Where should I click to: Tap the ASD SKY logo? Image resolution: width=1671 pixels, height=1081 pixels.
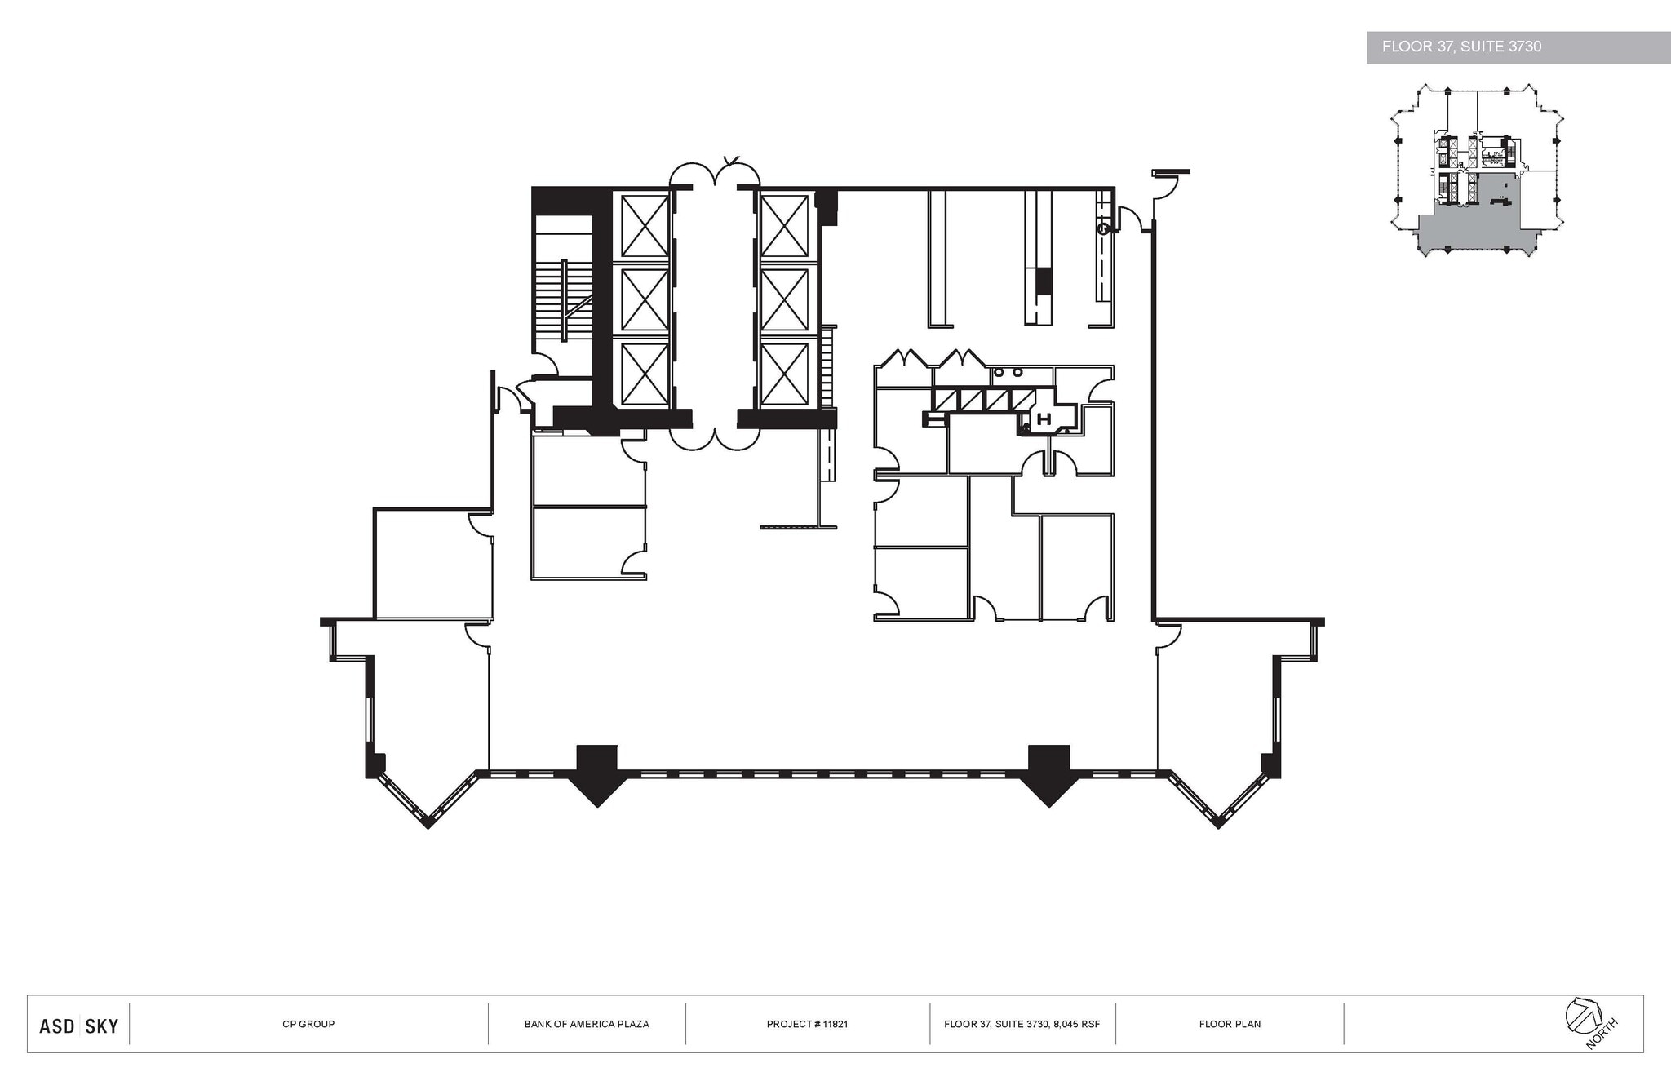pos(79,1026)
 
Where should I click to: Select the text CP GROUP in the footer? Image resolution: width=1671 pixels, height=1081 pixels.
pos(308,1024)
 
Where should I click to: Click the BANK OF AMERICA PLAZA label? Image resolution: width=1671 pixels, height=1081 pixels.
pos(587,1024)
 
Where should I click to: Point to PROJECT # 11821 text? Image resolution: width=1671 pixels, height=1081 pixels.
pos(807,1024)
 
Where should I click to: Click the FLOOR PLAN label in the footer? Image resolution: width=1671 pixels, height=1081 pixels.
pos(1230,1024)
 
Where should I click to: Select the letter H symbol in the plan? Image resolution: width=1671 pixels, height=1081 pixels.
pos(1043,420)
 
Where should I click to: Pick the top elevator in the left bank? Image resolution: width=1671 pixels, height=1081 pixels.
pos(645,226)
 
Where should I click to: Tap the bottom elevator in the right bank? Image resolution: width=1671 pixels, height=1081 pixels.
pos(784,374)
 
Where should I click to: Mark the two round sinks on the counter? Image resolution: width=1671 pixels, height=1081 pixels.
pos(1008,373)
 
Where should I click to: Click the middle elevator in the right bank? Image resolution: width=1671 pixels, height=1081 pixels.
pos(784,299)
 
